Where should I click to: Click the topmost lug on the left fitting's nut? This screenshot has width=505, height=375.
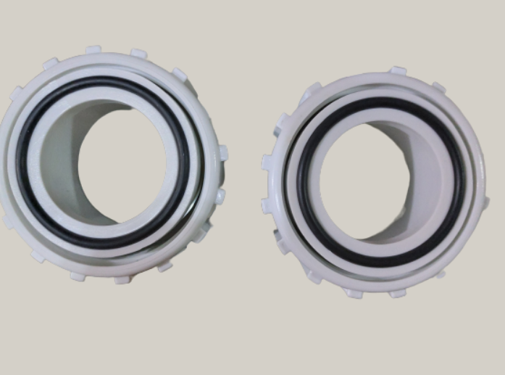coord(93,50)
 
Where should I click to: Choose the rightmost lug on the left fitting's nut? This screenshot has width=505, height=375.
coord(223,153)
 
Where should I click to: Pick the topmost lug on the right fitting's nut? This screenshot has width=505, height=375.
coord(398,71)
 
